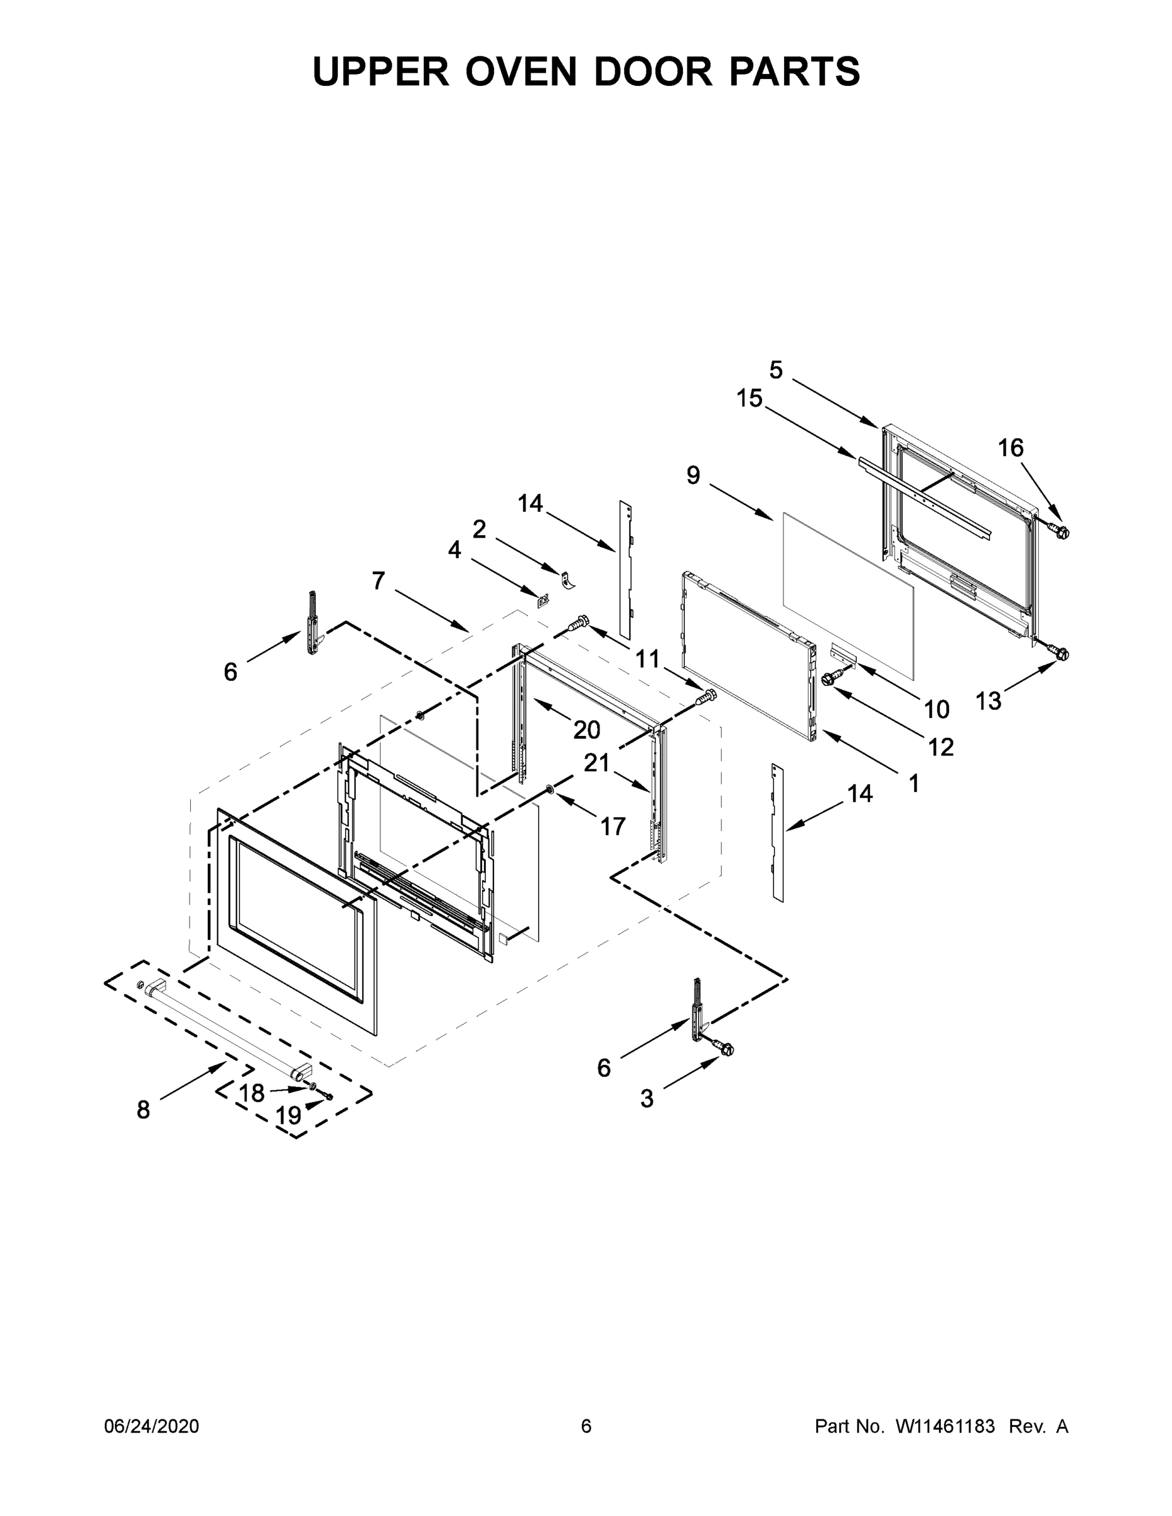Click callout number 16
click(x=1010, y=448)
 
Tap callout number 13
click(x=988, y=701)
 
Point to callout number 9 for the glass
click(x=693, y=476)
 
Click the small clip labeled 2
click(x=567, y=579)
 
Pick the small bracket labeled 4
click(x=542, y=598)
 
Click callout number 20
click(x=586, y=730)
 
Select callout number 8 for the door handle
click(x=143, y=1110)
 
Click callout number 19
click(x=288, y=1116)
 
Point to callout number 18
click(x=251, y=1093)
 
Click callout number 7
click(x=378, y=581)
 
